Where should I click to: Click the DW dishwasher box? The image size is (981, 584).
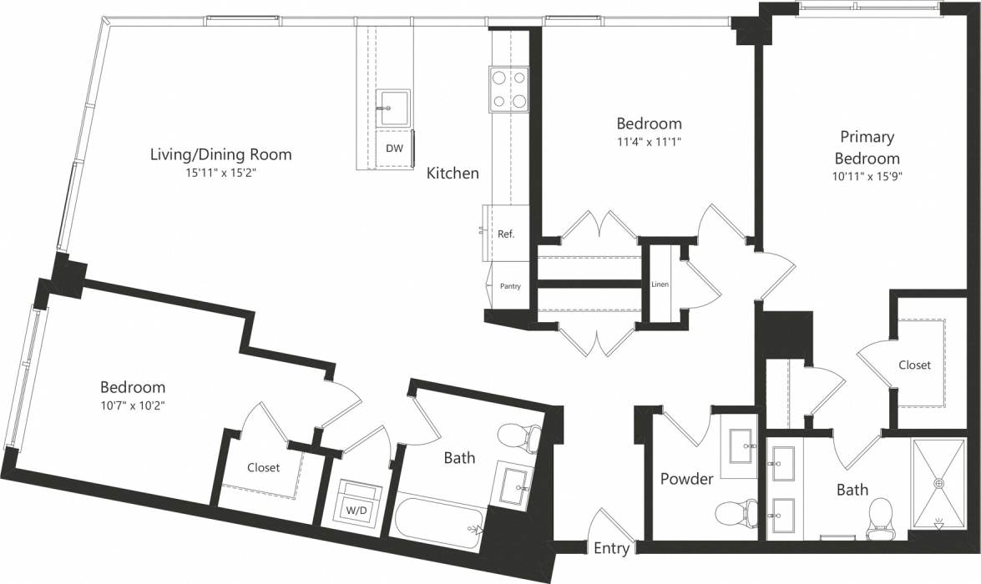click(394, 149)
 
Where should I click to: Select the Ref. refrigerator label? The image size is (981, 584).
click(506, 234)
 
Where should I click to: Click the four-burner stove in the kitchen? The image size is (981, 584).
click(510, 89)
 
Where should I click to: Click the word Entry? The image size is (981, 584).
click(612, 548)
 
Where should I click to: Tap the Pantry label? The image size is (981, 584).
click(510, 286)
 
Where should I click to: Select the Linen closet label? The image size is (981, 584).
click(660, 284)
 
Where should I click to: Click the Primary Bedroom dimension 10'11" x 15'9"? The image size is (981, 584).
click(867, 176)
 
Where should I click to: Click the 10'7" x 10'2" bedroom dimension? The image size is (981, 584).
click(133, 406)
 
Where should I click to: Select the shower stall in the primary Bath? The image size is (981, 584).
click(938, 484)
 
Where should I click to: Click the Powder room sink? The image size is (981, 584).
click(740, 445)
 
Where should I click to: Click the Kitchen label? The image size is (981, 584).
click(453, 174)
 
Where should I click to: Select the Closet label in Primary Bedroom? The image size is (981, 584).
click(915, 365)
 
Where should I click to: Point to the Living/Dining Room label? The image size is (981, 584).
click(220, 154)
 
